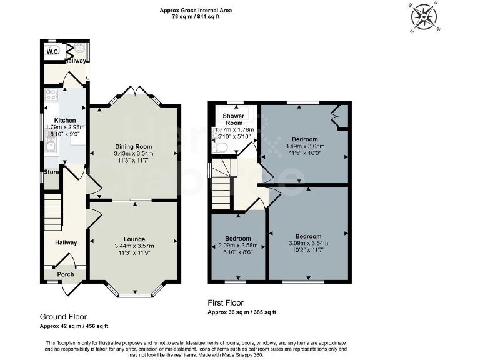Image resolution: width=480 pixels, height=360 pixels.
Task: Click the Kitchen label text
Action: pyautogui.click(x=65, y=120)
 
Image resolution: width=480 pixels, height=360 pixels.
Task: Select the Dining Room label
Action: pyautogui.click(x=134, y=146)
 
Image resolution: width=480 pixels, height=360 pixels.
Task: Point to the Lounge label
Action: pyautogui.click(x=134, y=239)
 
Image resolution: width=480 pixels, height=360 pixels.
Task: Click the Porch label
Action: pyautogui.click(x=65, y=274)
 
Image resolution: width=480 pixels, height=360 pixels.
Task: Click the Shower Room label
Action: pyautogui.click(x=233, y=119)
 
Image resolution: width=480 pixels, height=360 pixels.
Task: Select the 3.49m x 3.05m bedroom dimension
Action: pyautogui.click(x=305, y=146)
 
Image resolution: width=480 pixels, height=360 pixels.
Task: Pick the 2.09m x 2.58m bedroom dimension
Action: pyautogui.click(x=238, y=246)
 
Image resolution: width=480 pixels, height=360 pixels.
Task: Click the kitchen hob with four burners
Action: pyautogui.click(x=51, y=96)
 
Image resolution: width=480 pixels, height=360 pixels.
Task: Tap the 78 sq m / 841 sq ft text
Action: pyautogui.click(x=197, y=17)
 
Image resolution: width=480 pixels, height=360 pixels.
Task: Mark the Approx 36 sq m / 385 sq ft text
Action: pyautogui.click(x=241, y=312)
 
